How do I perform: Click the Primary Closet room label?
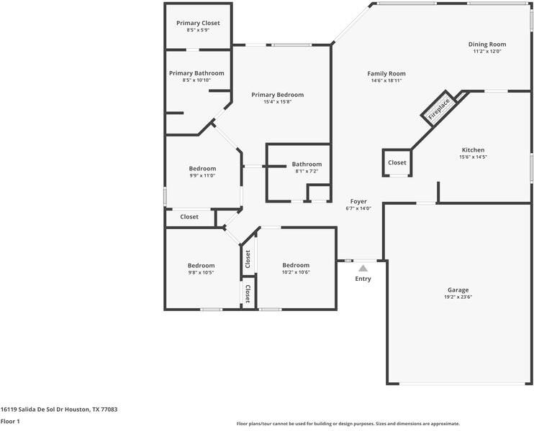click(x=198, y=23)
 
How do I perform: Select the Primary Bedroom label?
click(x=277, y=95)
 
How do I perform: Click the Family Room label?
click(x=386, y=73)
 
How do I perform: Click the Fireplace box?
click(x=439, y=108)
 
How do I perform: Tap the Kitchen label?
click(x=473, y=150)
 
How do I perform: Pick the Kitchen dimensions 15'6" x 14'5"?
click(x=473, y=157)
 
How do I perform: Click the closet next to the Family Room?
click(x=397, y=162)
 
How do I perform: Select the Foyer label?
click(x=358, y=202)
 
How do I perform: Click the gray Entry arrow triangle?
click(x=363, y=268)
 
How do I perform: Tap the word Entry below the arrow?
click(x=363, y=279)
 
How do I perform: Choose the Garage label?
click(x=458, y=289)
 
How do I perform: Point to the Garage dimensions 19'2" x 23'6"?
click(x=458, y=297)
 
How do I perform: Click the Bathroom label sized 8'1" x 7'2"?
click(x=307, y=164)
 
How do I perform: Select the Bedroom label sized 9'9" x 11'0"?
click(x=202, y=169)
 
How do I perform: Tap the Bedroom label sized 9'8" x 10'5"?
click(x=202, y=265)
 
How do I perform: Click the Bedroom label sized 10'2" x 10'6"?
click(x=296, y=265)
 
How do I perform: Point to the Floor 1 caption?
click(x=10, y=422)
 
